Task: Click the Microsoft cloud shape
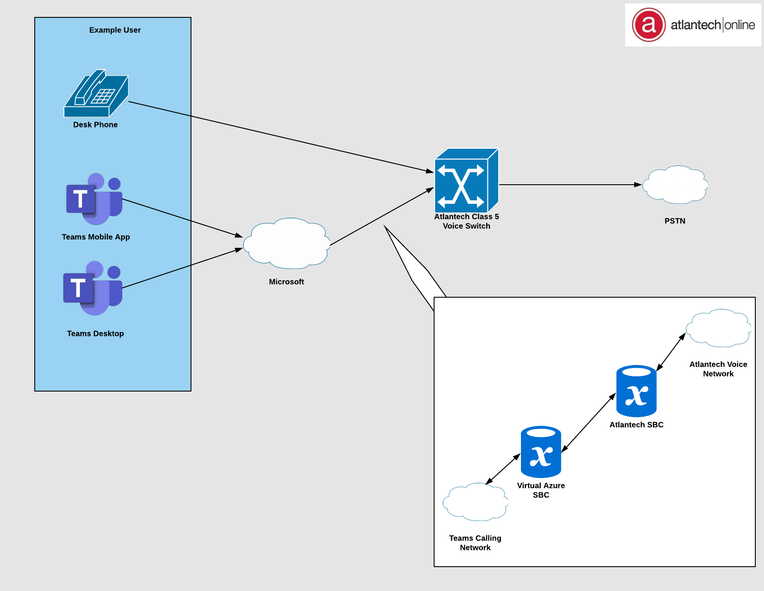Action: pos(286,243)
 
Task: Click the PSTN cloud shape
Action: pos(675,185)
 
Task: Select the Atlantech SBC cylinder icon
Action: pos(636,391)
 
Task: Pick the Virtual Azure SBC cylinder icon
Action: pos(541,452)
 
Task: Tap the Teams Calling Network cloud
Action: pos(475,502)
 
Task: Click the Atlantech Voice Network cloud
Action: pos(718,328)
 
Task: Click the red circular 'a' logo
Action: pos(649,25)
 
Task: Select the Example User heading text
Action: pos(115,30)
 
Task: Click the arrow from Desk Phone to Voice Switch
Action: pos(278,136)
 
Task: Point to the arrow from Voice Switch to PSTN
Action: pos(569,185)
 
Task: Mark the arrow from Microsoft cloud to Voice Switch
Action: pos(382,216)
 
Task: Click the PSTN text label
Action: pos(675,221)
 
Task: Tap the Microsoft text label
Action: pos(286,282)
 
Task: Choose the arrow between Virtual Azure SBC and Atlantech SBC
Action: pos(588,423)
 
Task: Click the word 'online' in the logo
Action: pos(740,25)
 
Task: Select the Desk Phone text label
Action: pos(95,125)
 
